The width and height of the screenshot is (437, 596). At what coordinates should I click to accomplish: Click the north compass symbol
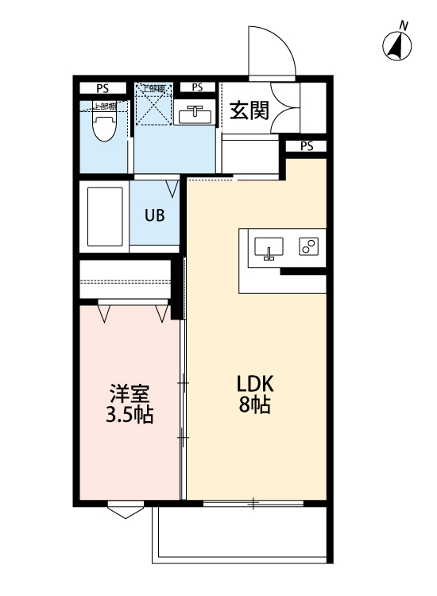[x=396, y=46]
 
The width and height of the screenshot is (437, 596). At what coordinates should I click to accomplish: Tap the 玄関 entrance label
[x=248, y=111]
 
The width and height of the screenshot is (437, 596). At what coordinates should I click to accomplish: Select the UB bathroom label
[x=155, y=215]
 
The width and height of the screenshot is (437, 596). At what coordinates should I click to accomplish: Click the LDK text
[x=255, y=382]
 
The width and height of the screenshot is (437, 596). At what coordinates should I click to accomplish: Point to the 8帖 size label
[x=255, y=404]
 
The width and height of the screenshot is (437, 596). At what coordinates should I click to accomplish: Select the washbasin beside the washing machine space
[x=193, y=114]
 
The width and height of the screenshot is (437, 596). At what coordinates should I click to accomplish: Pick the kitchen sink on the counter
[x=269, y=248]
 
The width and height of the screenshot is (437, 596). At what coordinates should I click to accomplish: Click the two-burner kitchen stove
[x=308, y=247]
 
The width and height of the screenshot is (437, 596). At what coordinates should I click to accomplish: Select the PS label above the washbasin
[x=197, y=87]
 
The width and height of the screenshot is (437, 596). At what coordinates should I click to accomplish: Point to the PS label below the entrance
[x=307, y=146]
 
